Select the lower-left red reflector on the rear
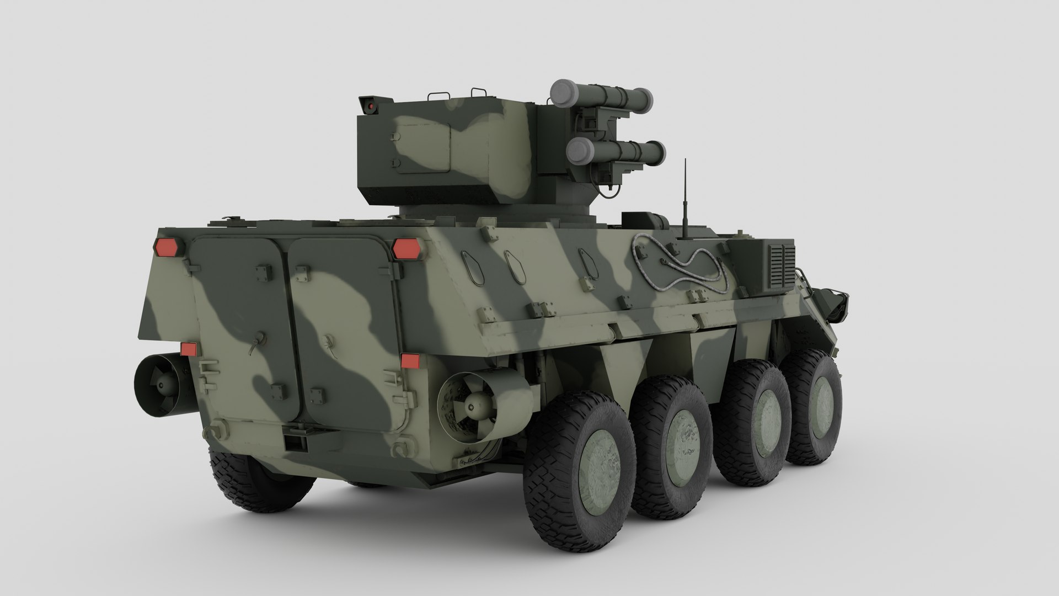189,349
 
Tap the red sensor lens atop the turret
371,103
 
